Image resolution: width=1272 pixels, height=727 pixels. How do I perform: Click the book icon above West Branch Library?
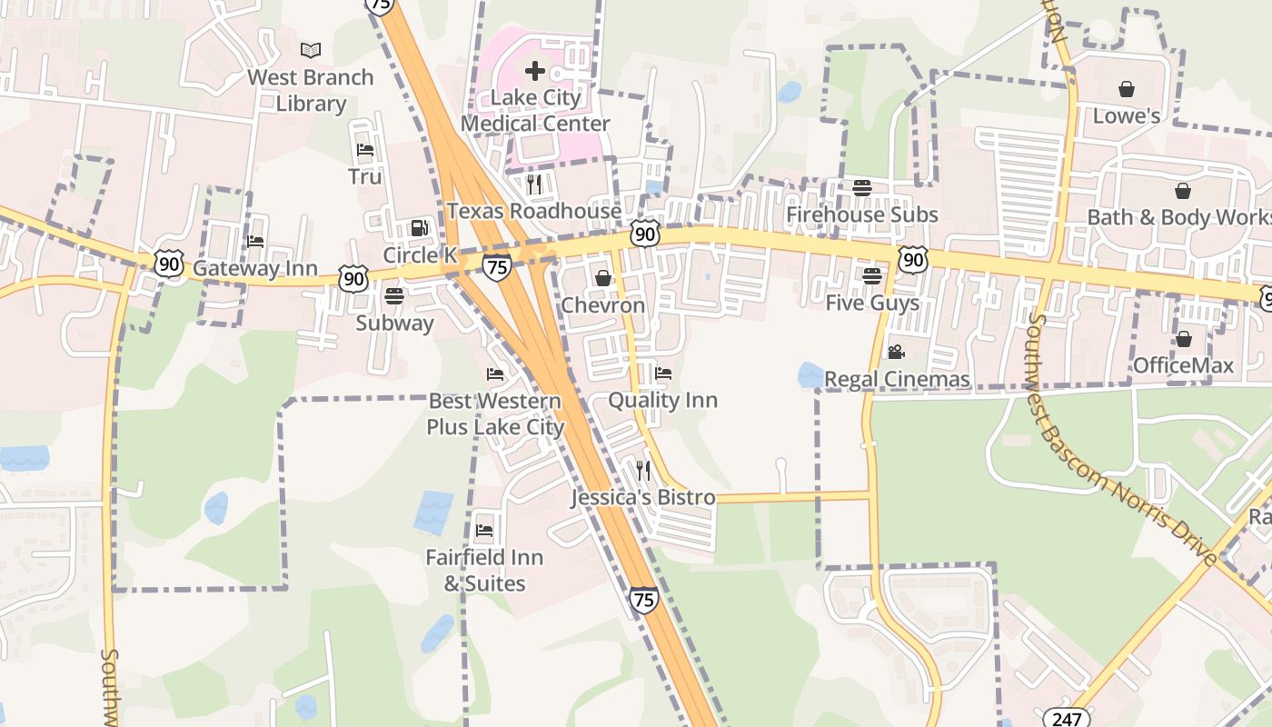click(x=311, y=50)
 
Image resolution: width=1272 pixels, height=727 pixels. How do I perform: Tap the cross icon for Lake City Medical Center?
click(x=535, y=70)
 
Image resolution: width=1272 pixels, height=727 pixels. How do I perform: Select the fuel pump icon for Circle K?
click(x=419, y=227)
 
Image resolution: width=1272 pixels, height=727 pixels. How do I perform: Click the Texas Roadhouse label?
click(x=534, y=211)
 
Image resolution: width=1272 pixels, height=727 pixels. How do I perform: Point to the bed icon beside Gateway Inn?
click(x=255, y=241)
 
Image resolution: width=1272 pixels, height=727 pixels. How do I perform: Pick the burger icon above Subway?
click(x=394, y=295)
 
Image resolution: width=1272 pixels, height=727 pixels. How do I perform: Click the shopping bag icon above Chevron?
click(x=602, y=278)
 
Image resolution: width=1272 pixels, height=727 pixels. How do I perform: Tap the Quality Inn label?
click(x=662, y=400)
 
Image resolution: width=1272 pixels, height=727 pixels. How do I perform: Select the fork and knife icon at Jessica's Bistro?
click(x=643, y=470)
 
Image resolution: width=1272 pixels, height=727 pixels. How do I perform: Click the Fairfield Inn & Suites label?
click(x=484, y=571)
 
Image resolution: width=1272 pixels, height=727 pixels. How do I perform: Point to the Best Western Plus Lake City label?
click(x=495, y=413)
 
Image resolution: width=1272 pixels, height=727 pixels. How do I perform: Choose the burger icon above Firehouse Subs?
click(x=861, y=188)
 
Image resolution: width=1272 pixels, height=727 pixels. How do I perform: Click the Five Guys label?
click(x=872, y=303)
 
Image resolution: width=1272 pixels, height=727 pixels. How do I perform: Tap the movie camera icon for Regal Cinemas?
click(x=896, y=352)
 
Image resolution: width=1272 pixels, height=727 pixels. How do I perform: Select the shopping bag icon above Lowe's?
click(x=1127, y=89)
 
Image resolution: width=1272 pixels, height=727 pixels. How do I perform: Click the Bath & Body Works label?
click(x=1179, y=217)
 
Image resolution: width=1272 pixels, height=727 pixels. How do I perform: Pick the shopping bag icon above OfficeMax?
click(x=1183, y=339)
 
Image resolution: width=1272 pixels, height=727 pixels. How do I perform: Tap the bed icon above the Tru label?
click(x=365, y=150)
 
